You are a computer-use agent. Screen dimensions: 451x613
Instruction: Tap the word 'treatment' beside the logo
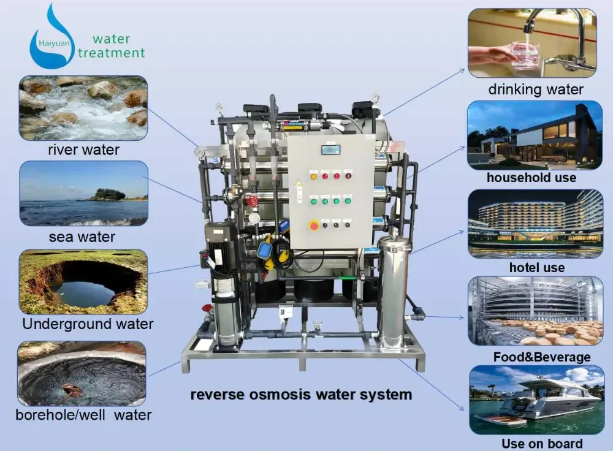(112, 53)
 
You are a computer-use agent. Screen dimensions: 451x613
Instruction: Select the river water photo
(83, 107)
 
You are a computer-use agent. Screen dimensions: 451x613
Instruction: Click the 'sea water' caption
(82, 237)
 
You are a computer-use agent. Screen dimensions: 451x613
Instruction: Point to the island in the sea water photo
(108, 195)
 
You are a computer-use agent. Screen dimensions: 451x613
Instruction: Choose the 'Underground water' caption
(88, 324)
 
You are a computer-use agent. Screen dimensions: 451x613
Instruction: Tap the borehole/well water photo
(82, 373)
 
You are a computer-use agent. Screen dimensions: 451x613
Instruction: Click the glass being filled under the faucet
(525, 55)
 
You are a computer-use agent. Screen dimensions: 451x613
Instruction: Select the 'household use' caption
(531, 178)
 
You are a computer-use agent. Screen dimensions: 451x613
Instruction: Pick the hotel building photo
(535, 223)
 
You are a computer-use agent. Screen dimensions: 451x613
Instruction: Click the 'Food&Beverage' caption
(542, 357)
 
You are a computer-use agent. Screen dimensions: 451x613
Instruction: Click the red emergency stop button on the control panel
(314, 225)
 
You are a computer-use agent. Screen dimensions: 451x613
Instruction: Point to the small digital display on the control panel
(331, 149)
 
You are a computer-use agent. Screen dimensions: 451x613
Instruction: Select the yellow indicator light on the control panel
(314, 176)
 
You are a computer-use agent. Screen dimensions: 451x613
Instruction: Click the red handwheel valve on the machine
(252, 202)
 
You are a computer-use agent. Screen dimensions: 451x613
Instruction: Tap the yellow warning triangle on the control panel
(299, 183)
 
